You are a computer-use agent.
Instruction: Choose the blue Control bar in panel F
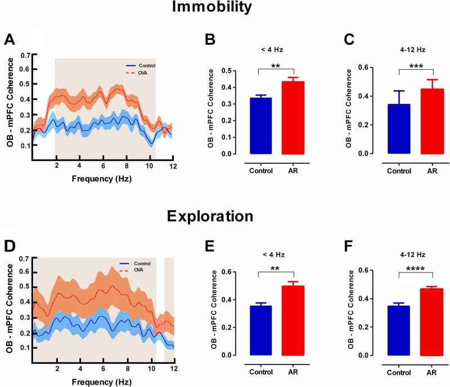pos(399,331)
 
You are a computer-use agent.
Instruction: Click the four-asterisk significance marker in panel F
pos(416,269)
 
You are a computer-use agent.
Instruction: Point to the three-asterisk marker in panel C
pos(416,66)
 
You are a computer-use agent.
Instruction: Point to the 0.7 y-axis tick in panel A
pos(24,56)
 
